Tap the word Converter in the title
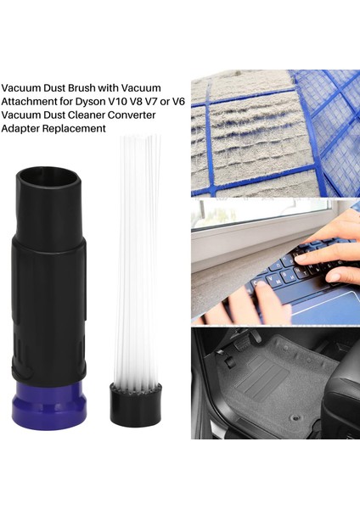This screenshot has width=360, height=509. [143, 115]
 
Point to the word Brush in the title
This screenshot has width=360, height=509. [85, 87]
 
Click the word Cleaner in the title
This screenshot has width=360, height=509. [98, 115]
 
